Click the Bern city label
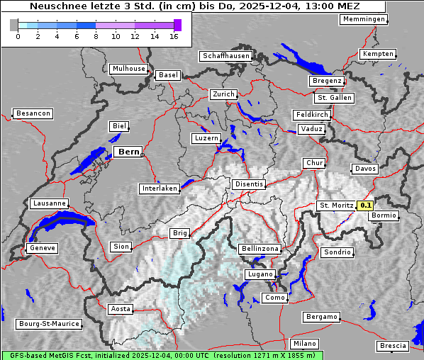128,152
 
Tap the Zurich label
223,94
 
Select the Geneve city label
41,248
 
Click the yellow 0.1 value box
365,206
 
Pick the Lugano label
260,274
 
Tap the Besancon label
33,113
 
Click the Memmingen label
364,19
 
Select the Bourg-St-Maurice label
50,324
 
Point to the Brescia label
393,346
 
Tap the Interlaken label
160,189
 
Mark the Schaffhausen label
225,55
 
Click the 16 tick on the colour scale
174,36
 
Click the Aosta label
121,309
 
